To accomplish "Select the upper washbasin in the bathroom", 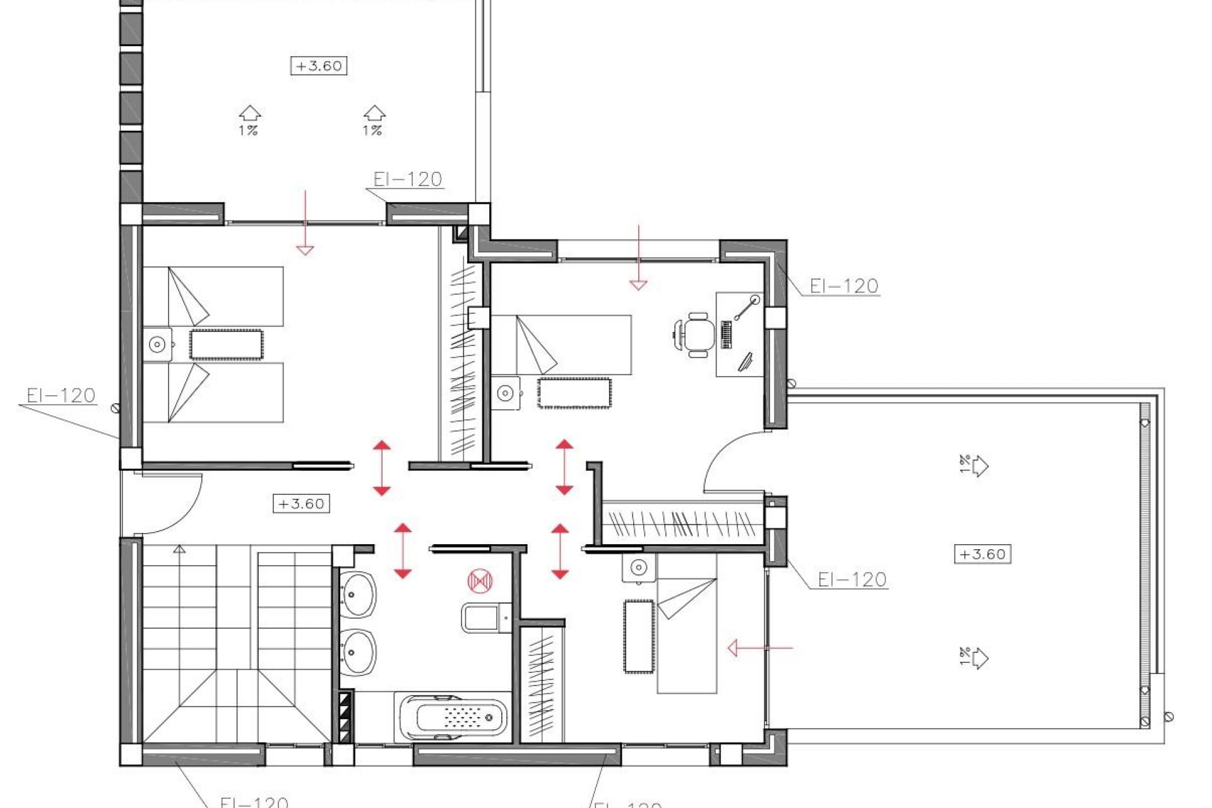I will click(x=358, y=594).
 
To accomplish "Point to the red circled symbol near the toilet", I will click(x=480, y=581).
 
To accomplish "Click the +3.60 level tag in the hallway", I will click(x=301, y=504).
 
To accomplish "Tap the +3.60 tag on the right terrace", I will click(x=982, y=554).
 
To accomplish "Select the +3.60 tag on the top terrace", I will click(x=318, y=66).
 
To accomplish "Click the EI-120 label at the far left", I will click(x=61, y=396).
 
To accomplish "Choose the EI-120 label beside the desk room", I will click(x=843, y=286).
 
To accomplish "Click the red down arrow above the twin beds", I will click(x=305, y=222).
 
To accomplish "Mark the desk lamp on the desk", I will click(x=747, y=307).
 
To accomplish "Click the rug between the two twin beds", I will click(x=226, y=345).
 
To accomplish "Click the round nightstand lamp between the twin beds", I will click(x=157, y=345).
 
